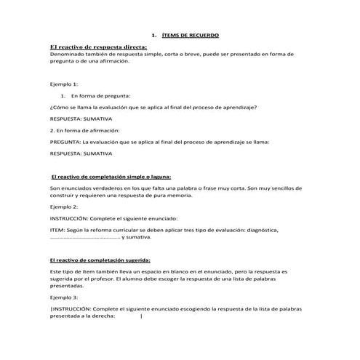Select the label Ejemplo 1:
point(63,84)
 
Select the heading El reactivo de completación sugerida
point(100,260)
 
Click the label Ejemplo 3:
point(63,297)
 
